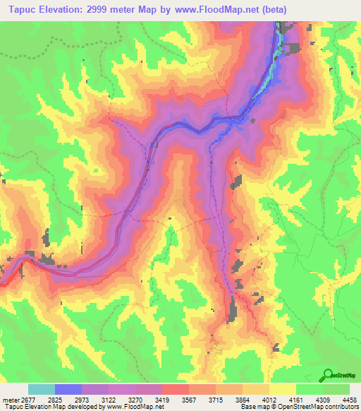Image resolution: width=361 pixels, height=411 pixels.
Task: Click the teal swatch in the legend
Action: [41, 389]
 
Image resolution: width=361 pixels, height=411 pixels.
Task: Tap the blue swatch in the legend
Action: [68, 389]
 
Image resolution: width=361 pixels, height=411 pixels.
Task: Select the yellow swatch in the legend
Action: [283, 389]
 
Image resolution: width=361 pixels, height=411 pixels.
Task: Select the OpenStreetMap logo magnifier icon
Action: [326, 375]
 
